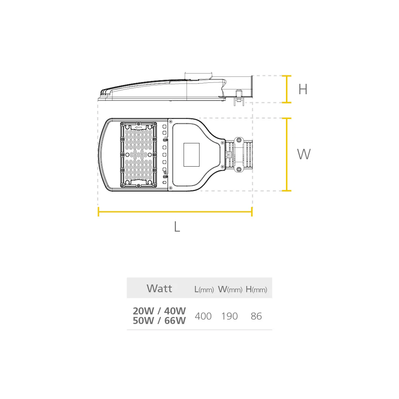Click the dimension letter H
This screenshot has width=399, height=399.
click(x=303, y=89)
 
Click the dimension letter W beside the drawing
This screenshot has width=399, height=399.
click(x=304, y=154)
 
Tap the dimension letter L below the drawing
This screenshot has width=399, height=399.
click(x=177, y=226)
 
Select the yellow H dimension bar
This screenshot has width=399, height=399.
click(x=287, y=89)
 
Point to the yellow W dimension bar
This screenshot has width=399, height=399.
click(x=287, y=154)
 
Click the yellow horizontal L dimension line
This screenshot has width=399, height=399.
click(x=175, y=211)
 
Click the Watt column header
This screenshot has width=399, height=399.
click(x=159, y=288)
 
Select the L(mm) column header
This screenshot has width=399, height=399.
click(x=204, y=289)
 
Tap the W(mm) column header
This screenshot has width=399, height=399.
click(x=230, y=289)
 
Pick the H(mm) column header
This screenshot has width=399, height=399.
click(x=256, y=289)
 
